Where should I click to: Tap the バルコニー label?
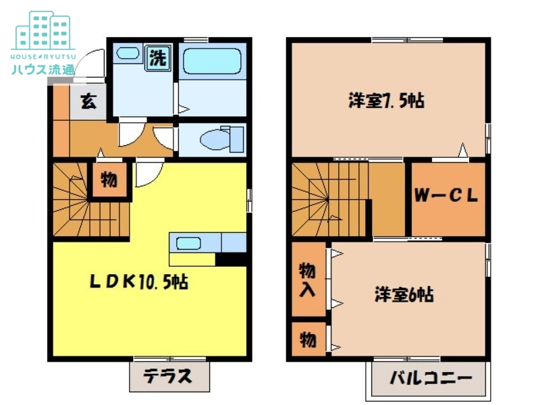[x=429, y=379]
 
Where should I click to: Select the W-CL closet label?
[x=446, y=196]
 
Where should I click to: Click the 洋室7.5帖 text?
[x=386, y=102]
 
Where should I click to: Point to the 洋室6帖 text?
[x=404, y=295]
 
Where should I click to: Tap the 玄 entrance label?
[x=88, y=102]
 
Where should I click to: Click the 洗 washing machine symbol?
[x=158, y=58]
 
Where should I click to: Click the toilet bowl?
[x=217, y=140]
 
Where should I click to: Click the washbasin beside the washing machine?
[x=126, y=53]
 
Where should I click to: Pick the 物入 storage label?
[x=308, y=279]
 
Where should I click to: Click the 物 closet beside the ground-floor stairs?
[x=108, y=180]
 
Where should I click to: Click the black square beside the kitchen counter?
[x=230, y=259]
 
